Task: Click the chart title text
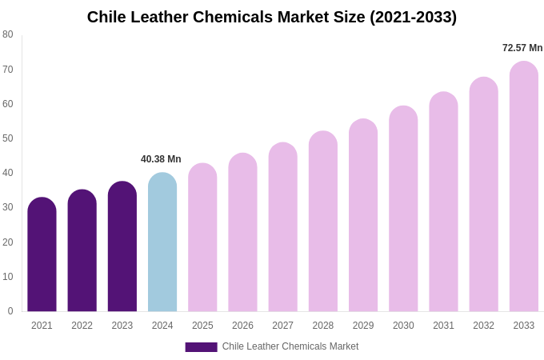tap(271, 17)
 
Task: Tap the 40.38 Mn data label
tap(161, 159)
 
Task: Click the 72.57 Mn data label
tap(522, 48)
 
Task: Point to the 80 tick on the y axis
tap(8, 34)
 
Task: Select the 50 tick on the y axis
tap(8, 138)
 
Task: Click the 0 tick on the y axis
tap(10, 311)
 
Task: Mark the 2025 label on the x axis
tap(202, 326)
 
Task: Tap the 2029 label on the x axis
tap(363, 326)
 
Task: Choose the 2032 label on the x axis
tap(483, 326)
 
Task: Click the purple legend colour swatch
tap(201, 347)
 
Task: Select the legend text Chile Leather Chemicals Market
tap(290, 346)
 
